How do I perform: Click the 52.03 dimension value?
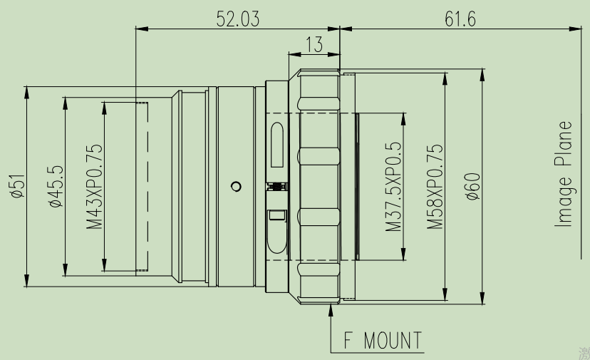tap(238, 19)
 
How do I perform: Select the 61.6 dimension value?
tap(460, 19)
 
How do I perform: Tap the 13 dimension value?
tap(314, 44)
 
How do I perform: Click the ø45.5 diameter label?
tap(56, 187)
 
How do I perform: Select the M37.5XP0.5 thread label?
tap(394, 187)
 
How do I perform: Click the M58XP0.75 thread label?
tap(435, 187)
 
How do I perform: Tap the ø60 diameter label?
tap(472, 187)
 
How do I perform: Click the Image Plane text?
tap(564, 175)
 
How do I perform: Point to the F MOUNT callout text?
tap(383, 341)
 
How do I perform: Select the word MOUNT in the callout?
tap(393, 341)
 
